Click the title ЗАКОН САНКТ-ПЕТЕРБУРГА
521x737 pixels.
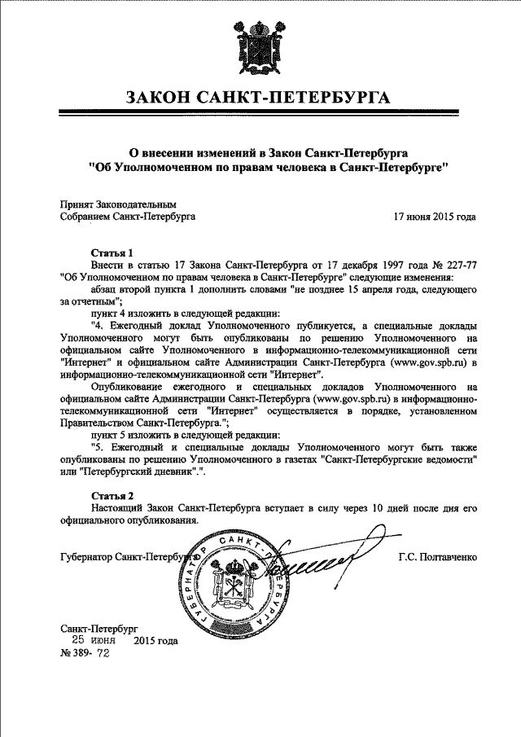click(258, 99)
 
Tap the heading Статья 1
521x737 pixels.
click(112, 252)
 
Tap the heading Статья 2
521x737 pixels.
click(112, 495)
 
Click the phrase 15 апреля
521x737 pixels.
click(375, 289)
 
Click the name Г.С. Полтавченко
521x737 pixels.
click(438, 557)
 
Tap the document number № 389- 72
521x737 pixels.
click(85, 653)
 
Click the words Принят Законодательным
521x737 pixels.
click(119, 206)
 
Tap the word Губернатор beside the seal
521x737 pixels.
click(87, 557)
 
